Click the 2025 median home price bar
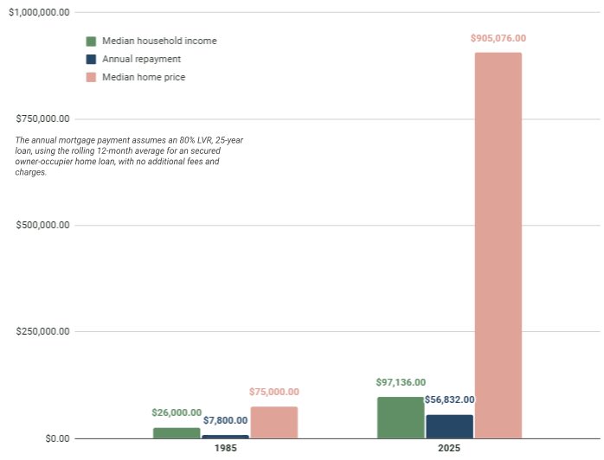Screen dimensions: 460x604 [498, 246]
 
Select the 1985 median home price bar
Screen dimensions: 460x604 [273, 423]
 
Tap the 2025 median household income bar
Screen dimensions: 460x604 [401, 418]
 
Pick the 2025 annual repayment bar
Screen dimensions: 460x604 [449, 426]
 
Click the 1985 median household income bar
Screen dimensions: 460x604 [177, 432]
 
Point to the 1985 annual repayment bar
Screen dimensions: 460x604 [225, 436]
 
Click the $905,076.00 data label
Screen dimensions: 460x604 [498, 38]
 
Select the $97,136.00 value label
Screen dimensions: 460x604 [401, 382]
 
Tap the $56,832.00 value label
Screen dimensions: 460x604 [449, 400]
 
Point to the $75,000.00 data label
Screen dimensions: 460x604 [273, 392]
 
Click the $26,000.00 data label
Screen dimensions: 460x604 [177, 412]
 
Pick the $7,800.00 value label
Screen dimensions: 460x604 [225, 420]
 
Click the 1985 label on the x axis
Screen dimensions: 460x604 [225, 450]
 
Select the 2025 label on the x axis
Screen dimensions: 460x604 [449, 450]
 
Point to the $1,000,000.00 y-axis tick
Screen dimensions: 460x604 [38, 12]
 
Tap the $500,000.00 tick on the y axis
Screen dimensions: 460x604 [43, 225]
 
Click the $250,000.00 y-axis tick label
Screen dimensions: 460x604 [43, 332]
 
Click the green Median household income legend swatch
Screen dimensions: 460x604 [91, 41]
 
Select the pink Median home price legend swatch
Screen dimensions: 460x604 [91, 77]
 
